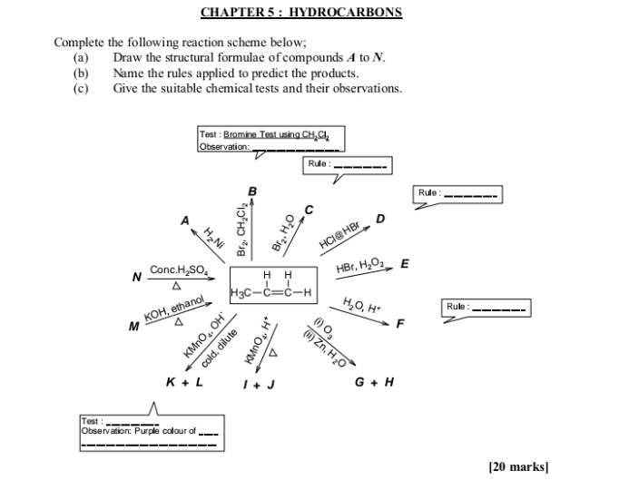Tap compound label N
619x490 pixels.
137,277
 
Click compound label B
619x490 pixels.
252,191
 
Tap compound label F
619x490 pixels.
399,322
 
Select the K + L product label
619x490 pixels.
184,381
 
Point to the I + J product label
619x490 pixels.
260,384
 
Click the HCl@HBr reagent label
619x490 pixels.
339,234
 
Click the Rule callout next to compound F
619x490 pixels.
484,308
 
